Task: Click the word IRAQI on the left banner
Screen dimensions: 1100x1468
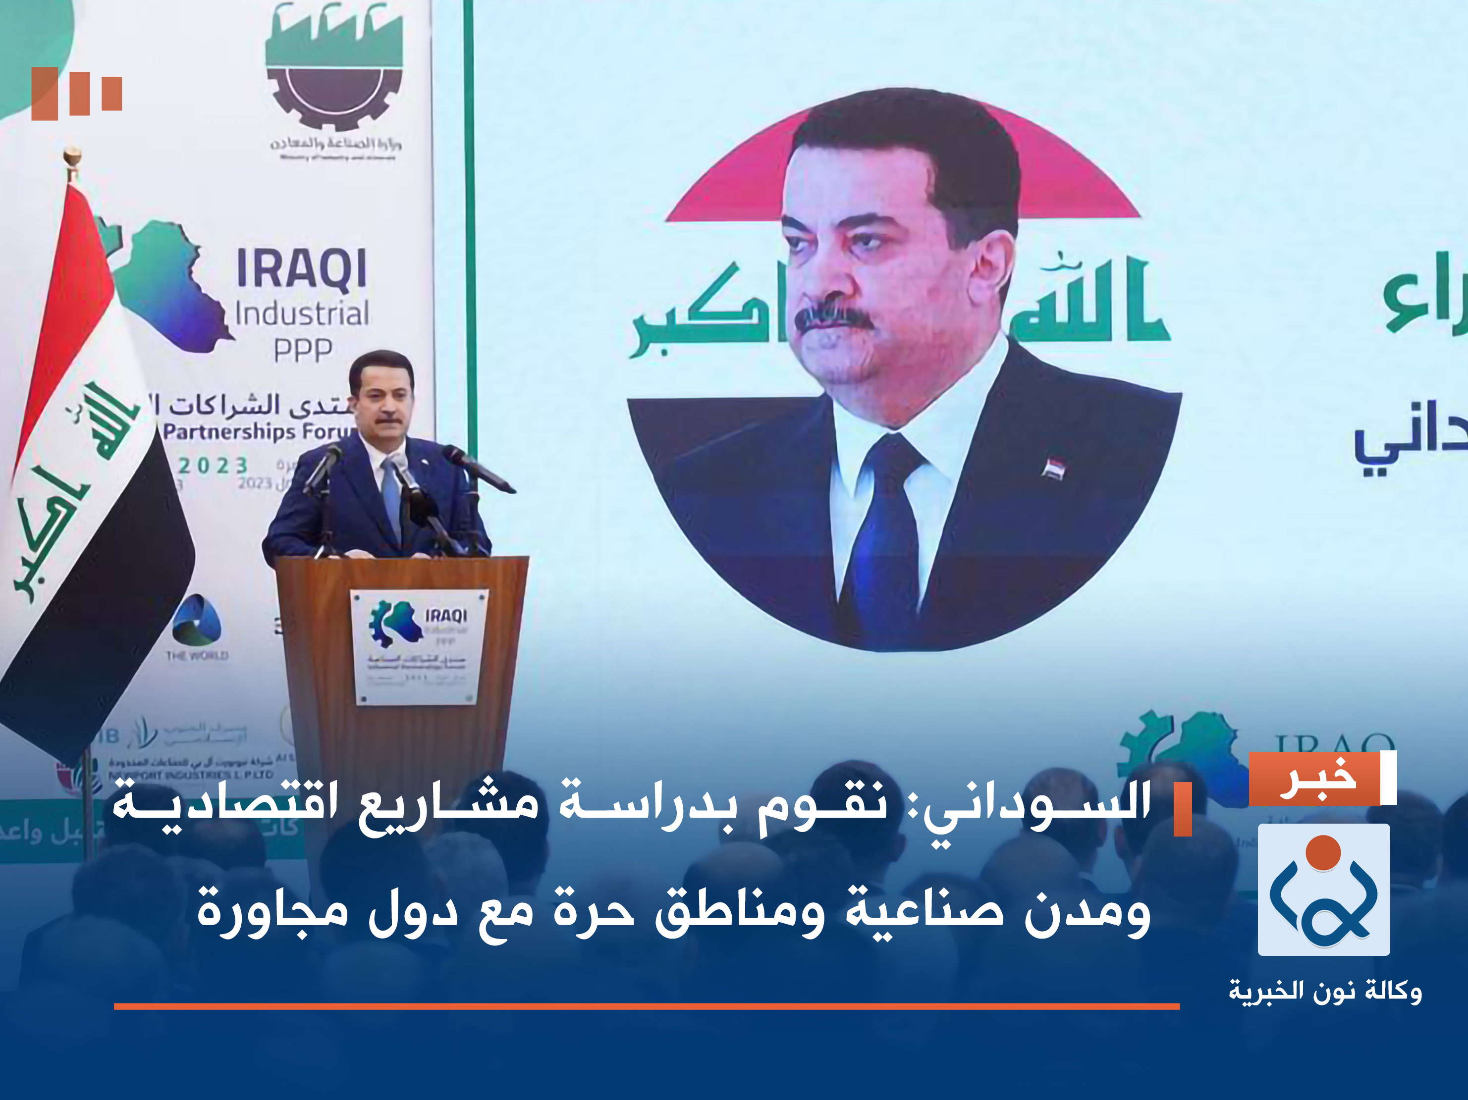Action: (x=301, y=269)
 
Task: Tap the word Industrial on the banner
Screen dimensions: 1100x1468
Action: (x=302, y=313)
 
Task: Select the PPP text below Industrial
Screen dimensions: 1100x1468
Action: (x=303, y=350)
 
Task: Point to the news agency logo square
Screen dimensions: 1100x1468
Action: (x=1323, y=890)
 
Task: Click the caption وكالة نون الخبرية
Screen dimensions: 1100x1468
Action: (x=1325, y=991)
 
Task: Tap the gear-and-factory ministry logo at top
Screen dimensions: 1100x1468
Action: (x=334, y=66)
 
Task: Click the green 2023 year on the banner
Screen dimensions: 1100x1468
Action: (x=213, y=466)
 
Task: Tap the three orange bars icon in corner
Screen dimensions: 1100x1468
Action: (x=76, y=94)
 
